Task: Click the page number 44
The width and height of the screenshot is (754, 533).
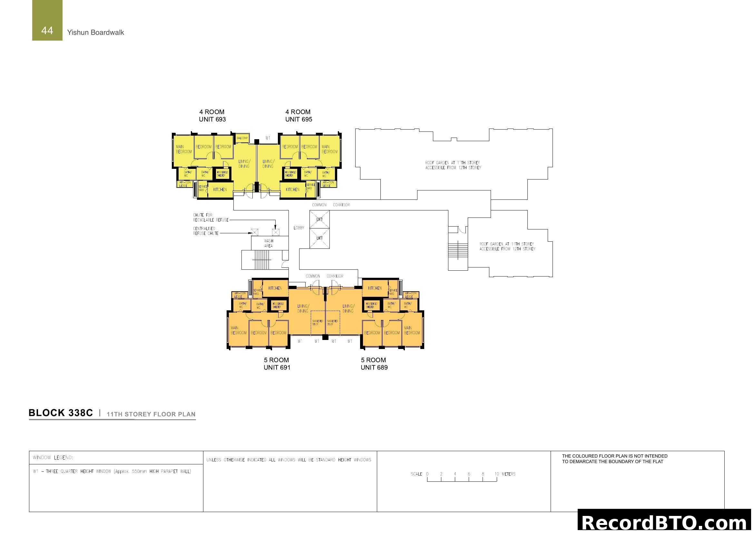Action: [x=47, y=31]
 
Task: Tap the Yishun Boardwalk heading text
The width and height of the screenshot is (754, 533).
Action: [x=95, y=33]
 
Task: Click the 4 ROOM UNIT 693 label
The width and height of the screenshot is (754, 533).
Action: [x=212, y=116]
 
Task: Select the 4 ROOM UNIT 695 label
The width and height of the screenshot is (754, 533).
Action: [x=299, y=116]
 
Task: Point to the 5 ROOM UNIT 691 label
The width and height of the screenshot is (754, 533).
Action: [x=277, y=363]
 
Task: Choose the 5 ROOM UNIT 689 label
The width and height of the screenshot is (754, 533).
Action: [x=374, y=363]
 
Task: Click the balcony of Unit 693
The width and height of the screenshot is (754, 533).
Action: [x=242, y=138]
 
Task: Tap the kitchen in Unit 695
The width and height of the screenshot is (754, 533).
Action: [x=293, y=190]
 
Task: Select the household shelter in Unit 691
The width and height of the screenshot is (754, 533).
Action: [x=278, y=305]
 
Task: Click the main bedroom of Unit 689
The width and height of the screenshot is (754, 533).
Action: [x=412, y=330]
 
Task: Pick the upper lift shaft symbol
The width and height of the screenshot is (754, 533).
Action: [x=319, y=219]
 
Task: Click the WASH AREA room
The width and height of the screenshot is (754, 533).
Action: [x=269, y=243]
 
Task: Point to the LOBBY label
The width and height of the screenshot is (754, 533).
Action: [x=299, y=228]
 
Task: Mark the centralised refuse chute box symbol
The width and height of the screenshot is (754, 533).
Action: [x=255, y=232]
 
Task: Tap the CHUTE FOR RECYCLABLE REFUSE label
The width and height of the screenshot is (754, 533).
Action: [x=211, y=218]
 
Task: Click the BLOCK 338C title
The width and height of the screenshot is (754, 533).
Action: [x=61, y=413]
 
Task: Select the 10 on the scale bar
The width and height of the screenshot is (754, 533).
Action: [x=496, y=474]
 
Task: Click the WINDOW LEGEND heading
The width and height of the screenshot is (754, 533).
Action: [x=53, y=458]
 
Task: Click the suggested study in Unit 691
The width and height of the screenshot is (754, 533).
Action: [x=318, y=323]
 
